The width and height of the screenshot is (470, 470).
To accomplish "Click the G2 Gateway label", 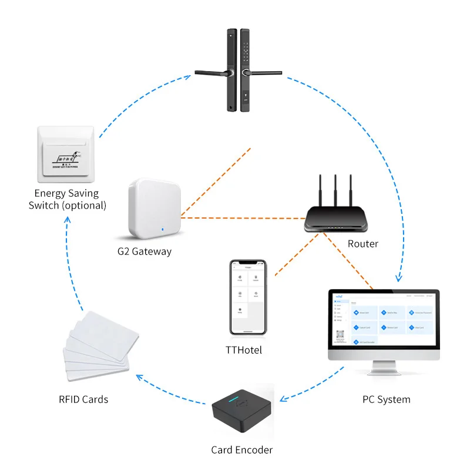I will click(144, 251).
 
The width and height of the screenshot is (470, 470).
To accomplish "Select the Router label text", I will click(362, 243).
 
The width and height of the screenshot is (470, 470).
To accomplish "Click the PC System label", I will click(386, 399).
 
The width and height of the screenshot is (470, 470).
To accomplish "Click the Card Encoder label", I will click(242, 450).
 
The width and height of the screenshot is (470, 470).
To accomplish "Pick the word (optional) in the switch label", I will click(85, 206).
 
